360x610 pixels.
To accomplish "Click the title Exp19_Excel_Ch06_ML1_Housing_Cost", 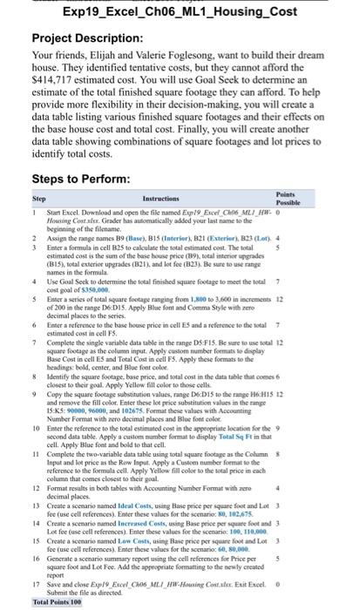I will (180, 10).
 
